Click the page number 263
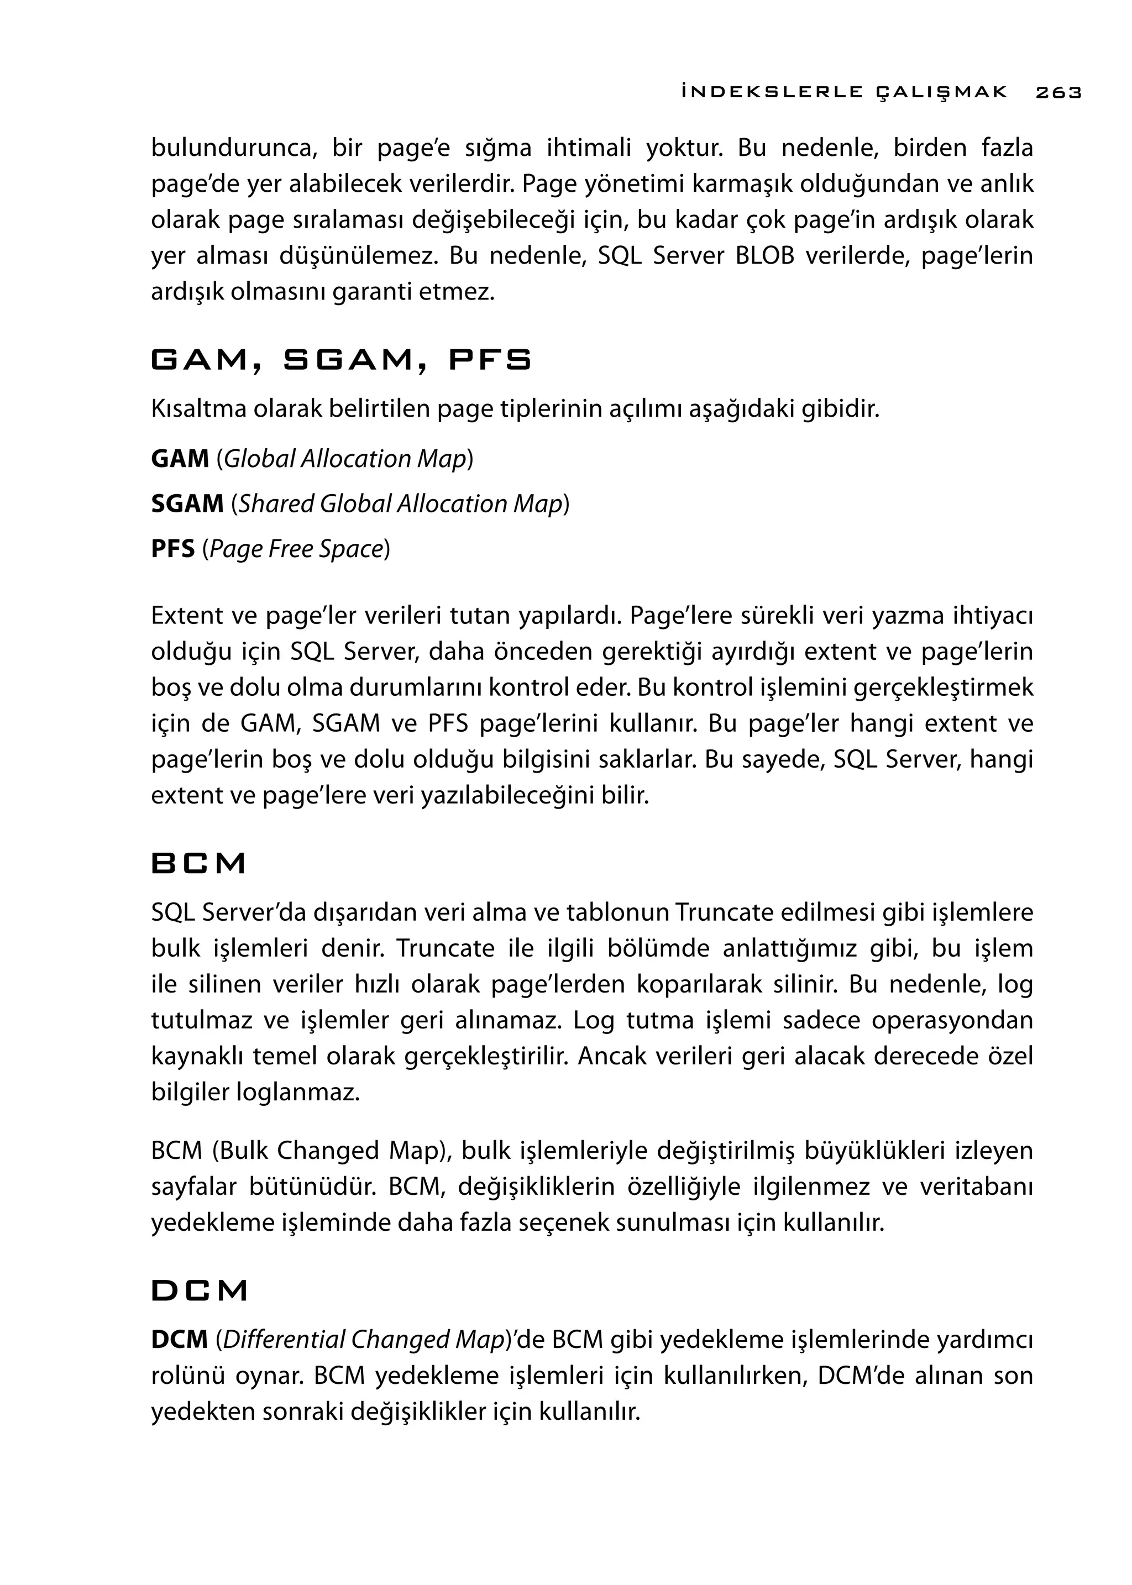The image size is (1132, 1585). pos(1058,92)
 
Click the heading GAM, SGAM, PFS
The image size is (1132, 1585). pos(341,360)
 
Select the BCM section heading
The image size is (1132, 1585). pos(198,864)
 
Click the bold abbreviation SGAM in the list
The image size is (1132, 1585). pos(187,504)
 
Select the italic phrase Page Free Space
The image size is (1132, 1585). pos(296,549)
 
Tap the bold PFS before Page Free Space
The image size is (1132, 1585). pos(173,549)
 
